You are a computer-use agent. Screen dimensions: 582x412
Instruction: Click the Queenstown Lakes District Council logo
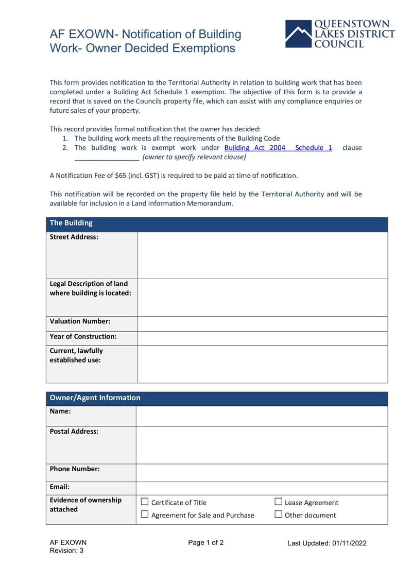coord(340,34)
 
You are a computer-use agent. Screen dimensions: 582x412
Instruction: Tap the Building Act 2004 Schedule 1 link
coord(278,148)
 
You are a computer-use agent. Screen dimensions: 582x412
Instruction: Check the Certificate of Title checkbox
coord(145,502)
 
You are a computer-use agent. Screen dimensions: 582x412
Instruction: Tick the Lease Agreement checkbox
coord(279,502)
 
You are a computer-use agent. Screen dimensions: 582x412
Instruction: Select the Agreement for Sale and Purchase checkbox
coord(145,514)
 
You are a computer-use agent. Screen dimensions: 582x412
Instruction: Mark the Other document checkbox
coord(279,514)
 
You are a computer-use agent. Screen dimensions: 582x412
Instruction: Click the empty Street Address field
coord(263,255)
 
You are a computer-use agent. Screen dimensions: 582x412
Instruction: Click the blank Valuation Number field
coord(263,323)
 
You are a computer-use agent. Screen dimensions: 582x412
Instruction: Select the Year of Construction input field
coord(263,338)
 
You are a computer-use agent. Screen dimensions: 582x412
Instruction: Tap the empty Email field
coord(262,488)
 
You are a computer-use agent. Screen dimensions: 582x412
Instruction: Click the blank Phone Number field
coord(262,472)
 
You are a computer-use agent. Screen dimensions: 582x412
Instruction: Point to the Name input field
coord(262,416)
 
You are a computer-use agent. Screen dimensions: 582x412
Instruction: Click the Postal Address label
coord(74,432)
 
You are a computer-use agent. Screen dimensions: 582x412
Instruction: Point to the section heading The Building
coord(71,223)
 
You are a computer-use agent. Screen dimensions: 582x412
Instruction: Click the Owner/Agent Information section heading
coord(95,398)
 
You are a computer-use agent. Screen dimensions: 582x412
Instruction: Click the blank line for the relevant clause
coord(107,158)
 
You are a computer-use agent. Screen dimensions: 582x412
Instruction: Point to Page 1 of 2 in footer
coord(206,542)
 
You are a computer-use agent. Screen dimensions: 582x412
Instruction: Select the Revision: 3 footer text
coord(66,551)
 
